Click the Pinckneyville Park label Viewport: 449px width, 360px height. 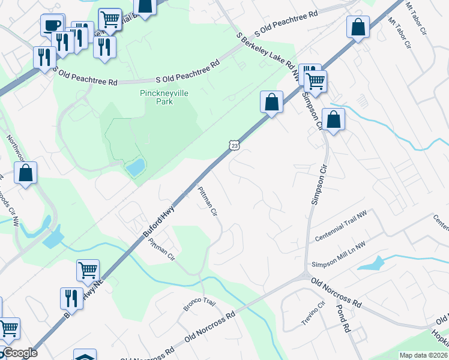point(156,97)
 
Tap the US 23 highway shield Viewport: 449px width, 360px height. point(234,145)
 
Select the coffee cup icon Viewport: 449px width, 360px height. point(52,25)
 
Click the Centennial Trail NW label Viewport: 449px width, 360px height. point(340,229)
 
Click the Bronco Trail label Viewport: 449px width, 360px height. point(198,304)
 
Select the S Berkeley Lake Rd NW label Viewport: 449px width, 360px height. point(267,56)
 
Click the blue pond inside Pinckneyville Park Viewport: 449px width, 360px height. point(135,166)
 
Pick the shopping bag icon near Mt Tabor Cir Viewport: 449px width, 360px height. point(358,27)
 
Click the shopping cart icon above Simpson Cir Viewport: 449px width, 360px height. point(316,80)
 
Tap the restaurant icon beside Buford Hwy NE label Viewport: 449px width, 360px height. point(71,298)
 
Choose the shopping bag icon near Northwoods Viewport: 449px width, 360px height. point(26,173)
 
